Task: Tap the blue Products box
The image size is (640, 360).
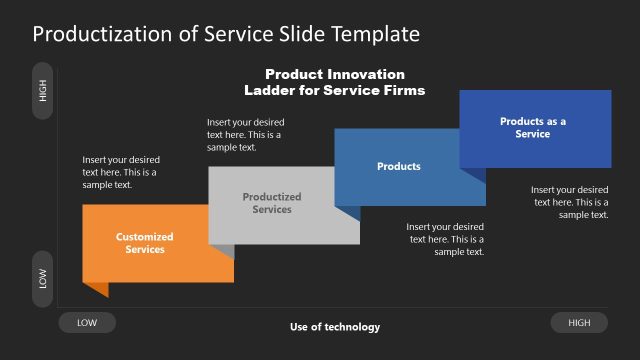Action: [x=398, y=166]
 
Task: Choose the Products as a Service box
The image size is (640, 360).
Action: [x=534, y=128]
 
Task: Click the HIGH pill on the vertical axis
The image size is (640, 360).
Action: [x=43, y=90]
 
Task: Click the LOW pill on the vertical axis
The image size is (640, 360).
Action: [x=43, y=279]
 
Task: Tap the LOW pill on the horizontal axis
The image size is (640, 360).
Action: [x=87, y=322]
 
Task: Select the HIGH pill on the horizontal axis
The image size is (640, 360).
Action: [x=579, y=322]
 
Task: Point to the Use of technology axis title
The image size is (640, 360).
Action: [x=335, y=327]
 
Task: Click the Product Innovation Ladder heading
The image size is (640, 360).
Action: [x=335, y=82]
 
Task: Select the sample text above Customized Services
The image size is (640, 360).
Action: [x=121, y=172]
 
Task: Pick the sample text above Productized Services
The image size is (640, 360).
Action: [x=245, y=134]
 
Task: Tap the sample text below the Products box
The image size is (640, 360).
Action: [x=446, y=239]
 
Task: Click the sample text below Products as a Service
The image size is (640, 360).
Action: [x=569, y=202]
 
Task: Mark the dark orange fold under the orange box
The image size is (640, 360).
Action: [x=96, y=289]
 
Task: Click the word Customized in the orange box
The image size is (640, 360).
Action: [x=145, y=237]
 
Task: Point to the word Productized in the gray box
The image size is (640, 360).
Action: [x=272, y=197]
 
